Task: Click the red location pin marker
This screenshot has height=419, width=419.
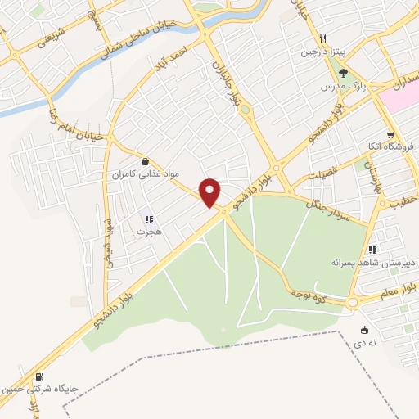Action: (x=211, y=192)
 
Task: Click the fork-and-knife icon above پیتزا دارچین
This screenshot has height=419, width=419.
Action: (x=324, y=38)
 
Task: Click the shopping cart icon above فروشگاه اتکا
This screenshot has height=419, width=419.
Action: (x=391, y=136)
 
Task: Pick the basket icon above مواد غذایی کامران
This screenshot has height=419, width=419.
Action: (x=146, y=161)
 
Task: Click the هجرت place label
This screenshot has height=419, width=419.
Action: (x=147, y=232)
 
